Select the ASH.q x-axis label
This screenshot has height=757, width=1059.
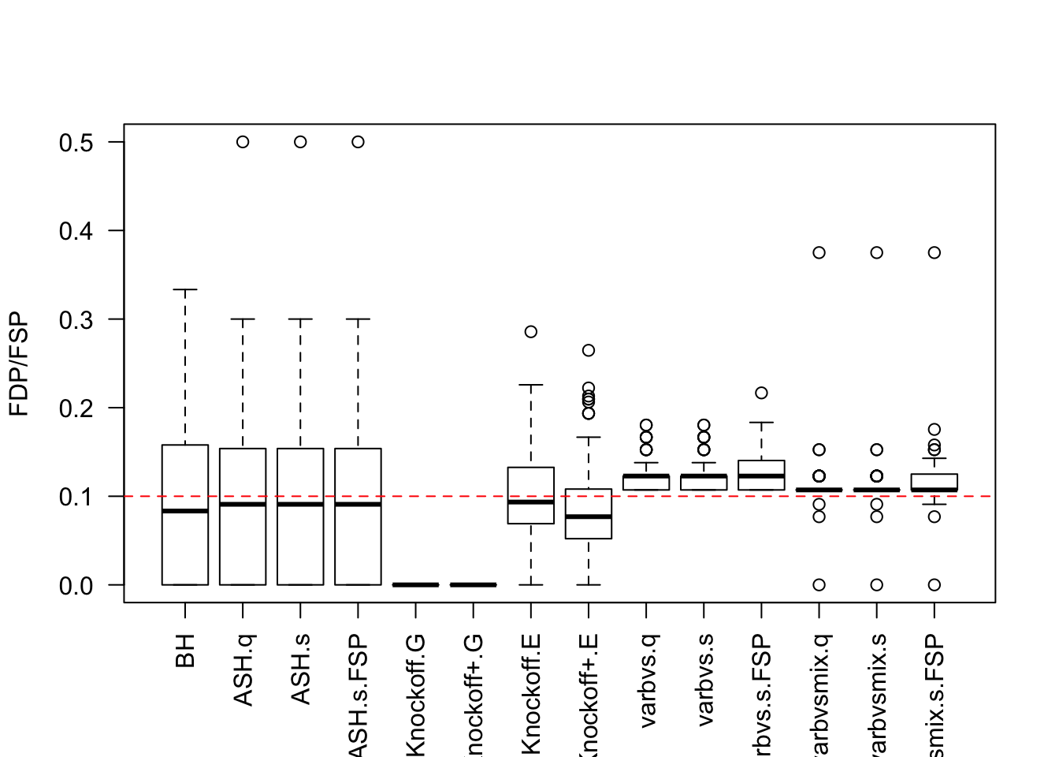243,669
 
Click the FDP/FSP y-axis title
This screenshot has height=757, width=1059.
19,364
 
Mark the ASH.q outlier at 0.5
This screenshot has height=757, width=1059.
243,142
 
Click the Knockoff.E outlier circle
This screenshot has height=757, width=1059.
531,332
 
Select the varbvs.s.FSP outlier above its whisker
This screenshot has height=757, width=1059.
761,393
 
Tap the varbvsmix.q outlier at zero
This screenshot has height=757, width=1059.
819,585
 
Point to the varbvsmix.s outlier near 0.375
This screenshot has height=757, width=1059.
876,252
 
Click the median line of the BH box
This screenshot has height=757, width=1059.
185,511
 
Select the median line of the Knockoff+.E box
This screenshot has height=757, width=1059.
589,516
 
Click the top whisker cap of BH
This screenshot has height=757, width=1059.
185,290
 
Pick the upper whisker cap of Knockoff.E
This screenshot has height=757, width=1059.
531,385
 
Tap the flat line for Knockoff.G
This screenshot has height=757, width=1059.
415,585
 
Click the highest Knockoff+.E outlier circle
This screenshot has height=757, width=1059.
589,350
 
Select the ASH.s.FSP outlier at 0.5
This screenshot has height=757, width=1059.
358,142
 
